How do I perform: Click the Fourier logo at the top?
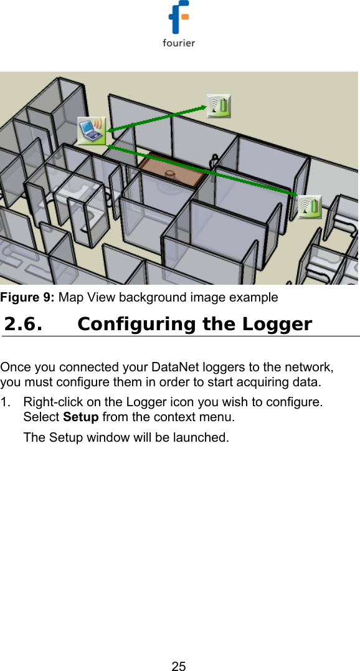point(179,24)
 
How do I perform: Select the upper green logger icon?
point(219,107)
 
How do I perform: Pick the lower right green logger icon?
point(309,207)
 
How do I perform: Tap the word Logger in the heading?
point(277,325)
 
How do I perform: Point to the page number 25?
point(179,666)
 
